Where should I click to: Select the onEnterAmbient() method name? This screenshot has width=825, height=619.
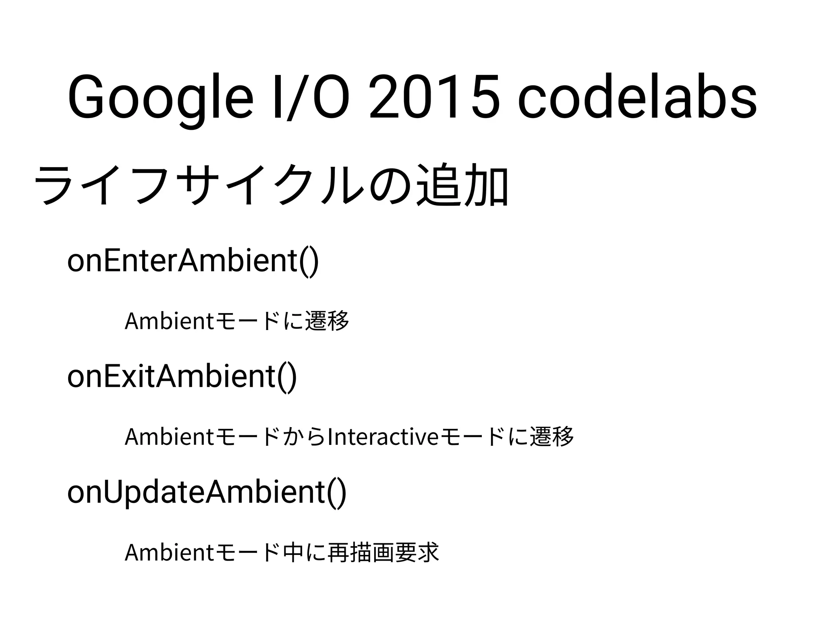[x=193, y=261]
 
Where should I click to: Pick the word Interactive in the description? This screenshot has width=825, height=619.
[x=383, y=437]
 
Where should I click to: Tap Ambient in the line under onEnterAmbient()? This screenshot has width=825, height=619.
[x=170, y=321]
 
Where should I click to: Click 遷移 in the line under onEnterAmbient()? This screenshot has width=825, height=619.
[x=327, y=321]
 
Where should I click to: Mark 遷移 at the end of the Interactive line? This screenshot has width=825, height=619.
[x=551, y=437]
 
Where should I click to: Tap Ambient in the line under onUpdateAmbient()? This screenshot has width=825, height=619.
[x=170, y=553]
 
